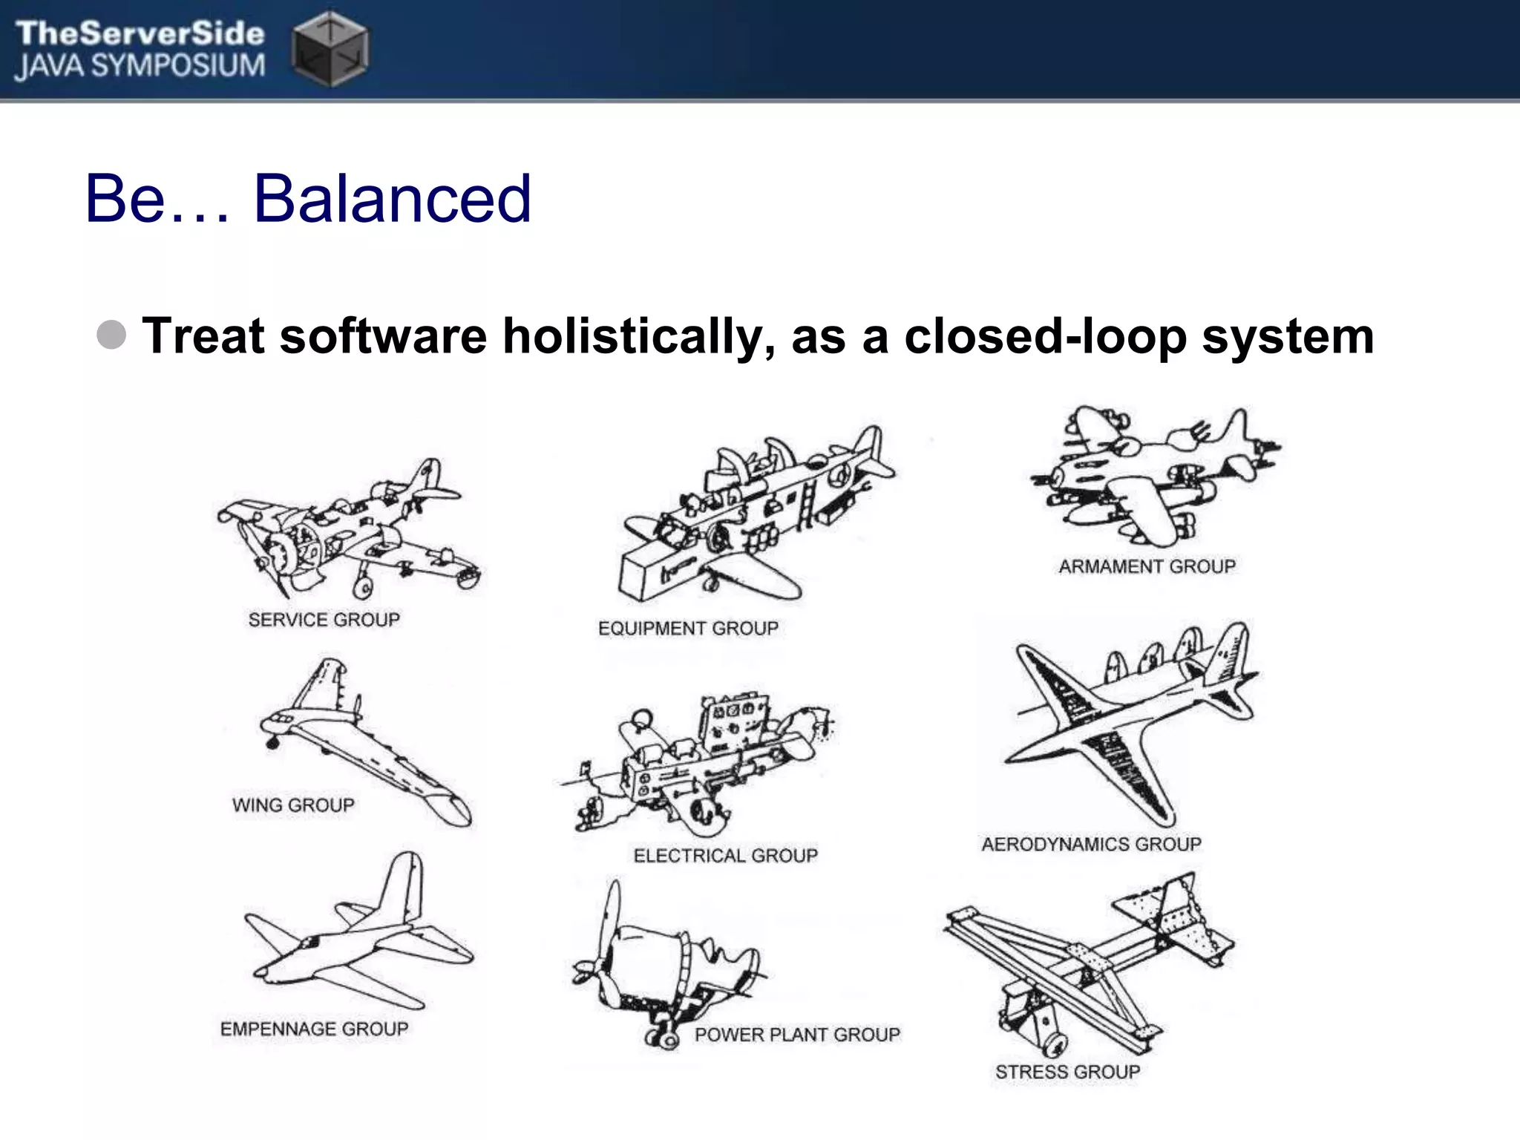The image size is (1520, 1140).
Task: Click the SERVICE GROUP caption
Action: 324,619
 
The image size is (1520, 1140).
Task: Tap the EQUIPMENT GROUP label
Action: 688,628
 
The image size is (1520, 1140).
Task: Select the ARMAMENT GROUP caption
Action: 1147,566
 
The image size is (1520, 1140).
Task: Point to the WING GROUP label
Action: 293,805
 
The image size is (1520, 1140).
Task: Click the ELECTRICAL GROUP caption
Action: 725,855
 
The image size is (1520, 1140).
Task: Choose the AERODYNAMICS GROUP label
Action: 1091,844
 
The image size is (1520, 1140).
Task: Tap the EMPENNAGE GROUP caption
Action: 314,1029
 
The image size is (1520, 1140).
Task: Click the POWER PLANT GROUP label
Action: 797,1034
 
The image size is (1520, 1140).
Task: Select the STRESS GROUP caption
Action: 1067,1072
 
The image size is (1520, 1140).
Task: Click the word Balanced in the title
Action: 392,198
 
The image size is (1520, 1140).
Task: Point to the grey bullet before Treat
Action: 111,335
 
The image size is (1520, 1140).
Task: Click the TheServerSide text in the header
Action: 140,33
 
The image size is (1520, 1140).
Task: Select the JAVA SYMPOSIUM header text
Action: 140,66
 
